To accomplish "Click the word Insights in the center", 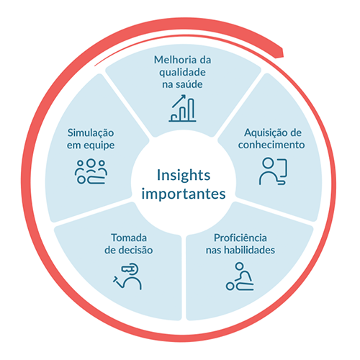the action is (184, 176).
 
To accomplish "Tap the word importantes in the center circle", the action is (184, 194).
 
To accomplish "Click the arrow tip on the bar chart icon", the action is (185, 95).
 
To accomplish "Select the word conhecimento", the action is (271, 145).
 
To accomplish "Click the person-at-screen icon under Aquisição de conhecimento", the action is (273, 171).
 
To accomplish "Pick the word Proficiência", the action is (240, 238).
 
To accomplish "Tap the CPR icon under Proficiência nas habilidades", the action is (240, 276).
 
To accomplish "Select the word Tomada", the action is (129, 238).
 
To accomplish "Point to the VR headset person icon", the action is (127, 276).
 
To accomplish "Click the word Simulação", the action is (91, 133).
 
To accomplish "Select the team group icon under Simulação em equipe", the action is (91, 171).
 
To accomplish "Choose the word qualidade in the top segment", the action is (182, 73).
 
